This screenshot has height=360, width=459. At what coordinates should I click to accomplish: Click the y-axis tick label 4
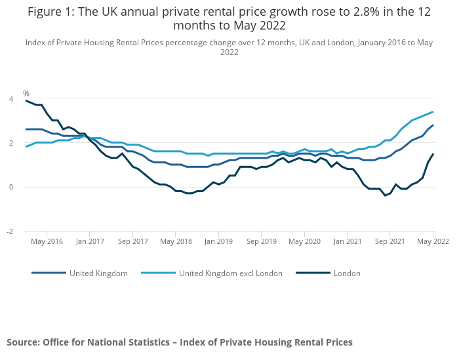(x=10, y=99)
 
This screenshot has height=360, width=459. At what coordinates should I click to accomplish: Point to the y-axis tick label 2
(x=10, y=143)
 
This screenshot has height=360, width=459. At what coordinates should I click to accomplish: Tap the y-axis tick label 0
(x=10, y=187)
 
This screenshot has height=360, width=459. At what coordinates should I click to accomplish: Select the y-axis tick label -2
(x=9, y=231)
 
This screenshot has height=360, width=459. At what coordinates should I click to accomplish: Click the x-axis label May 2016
(x=47, y=241)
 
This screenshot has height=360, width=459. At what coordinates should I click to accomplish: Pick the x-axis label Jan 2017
(x=90, y=241)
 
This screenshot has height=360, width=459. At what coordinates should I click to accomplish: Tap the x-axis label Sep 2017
(x=132, y=241)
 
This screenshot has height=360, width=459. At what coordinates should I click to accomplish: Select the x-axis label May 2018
(x=176, y=241)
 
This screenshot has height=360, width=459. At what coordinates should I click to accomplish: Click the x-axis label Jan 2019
(x=218, y=241)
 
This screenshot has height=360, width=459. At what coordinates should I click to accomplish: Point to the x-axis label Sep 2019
(x=261, y=241)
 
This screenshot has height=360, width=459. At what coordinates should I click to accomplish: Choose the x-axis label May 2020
(x=304, y=241)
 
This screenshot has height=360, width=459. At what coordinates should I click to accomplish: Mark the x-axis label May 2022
(x=432, y=241)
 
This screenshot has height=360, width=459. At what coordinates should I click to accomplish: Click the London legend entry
(x=346, y=273)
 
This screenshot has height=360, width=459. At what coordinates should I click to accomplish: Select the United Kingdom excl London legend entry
(x=230, y=273)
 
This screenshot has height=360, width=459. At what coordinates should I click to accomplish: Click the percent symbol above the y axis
(x=26, y=94)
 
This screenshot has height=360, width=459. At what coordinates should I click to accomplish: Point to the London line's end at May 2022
(x=433, y=154)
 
